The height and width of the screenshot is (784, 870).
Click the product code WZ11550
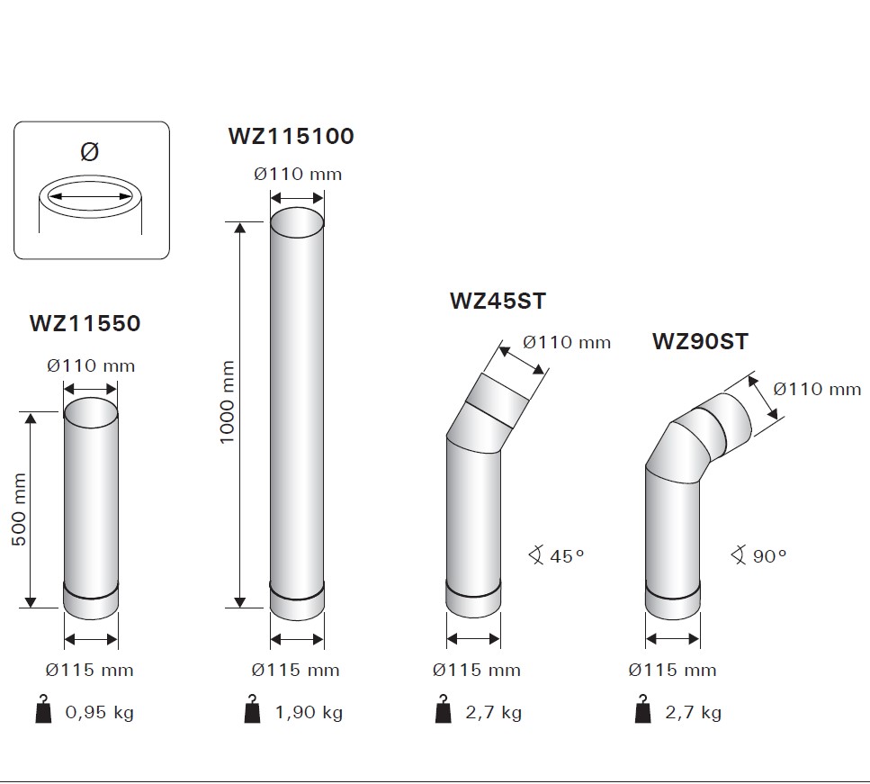point(85,323)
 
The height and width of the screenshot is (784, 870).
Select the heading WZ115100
point(291,136)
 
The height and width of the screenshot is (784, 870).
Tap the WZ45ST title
point(498,301)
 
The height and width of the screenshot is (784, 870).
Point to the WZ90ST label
point(700,341)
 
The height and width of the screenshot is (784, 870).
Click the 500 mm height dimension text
point(18,509)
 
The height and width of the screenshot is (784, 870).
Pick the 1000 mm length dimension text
point(227,402)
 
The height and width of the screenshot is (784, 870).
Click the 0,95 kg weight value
point(99,712)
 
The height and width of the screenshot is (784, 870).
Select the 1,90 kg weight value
point(309,712)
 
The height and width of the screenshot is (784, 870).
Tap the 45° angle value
point(567,555)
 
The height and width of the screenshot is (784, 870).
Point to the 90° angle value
point(769,555)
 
